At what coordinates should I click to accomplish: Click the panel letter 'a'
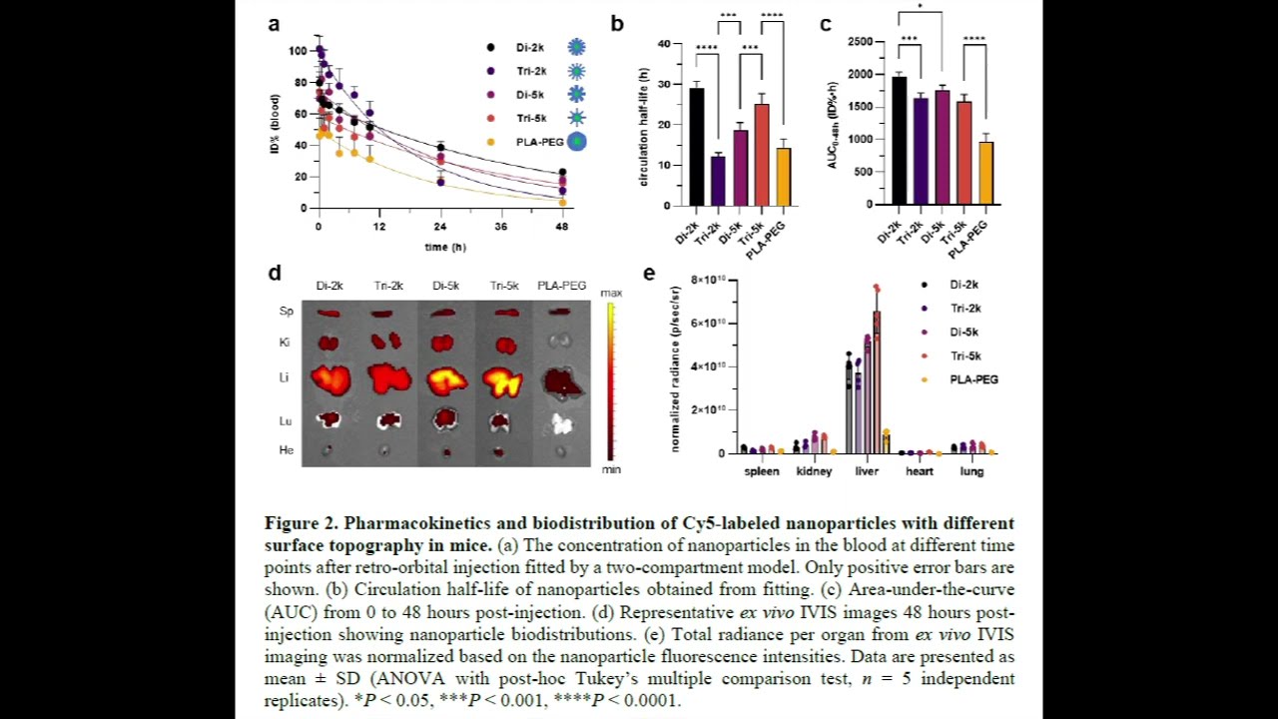click(274, 24)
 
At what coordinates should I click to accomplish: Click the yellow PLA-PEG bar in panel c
click(985, 173)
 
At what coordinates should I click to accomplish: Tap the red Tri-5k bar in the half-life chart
click(762, 155)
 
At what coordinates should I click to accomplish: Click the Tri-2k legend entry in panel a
click(530, 71)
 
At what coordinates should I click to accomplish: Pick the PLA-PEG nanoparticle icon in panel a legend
click(576, 142)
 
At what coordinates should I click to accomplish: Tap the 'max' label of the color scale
click(611, 293)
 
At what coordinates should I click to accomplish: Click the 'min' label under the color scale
click(611, 469)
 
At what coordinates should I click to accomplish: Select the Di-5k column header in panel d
click(445, 286)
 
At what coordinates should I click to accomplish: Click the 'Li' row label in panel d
click(286, 377)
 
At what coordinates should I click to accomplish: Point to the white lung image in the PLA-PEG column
click(563, 423)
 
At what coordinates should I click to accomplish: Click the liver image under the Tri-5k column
click(502, 380)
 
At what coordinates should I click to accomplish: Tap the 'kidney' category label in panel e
click(814, 471)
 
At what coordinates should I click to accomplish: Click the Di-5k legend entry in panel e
click(964, 333)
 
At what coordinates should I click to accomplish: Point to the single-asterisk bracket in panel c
click(921, 12)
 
